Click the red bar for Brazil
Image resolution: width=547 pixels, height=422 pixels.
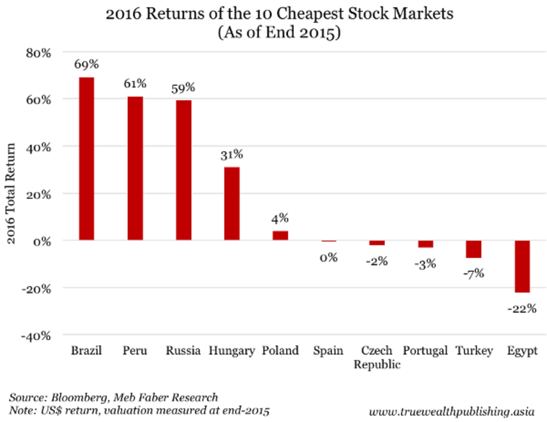pos(87,159)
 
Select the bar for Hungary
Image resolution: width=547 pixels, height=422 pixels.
pos(232,203)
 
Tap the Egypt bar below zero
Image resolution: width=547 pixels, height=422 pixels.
pos(522,267)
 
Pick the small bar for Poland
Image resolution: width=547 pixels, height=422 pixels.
pos(280,236)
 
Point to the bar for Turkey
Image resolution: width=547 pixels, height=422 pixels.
pos(474,249)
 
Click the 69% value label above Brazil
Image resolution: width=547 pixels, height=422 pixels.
pos(87,64)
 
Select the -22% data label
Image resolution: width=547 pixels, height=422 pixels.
pos(522,309)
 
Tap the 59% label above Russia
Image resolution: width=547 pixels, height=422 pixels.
pos(183,87)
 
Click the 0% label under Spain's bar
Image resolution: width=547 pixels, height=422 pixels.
pos(328,257)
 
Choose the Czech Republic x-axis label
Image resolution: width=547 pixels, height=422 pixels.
pos(377,357)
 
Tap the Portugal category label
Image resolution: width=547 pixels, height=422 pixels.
pos(425,351)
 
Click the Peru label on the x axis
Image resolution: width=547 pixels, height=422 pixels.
pos(135,351)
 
